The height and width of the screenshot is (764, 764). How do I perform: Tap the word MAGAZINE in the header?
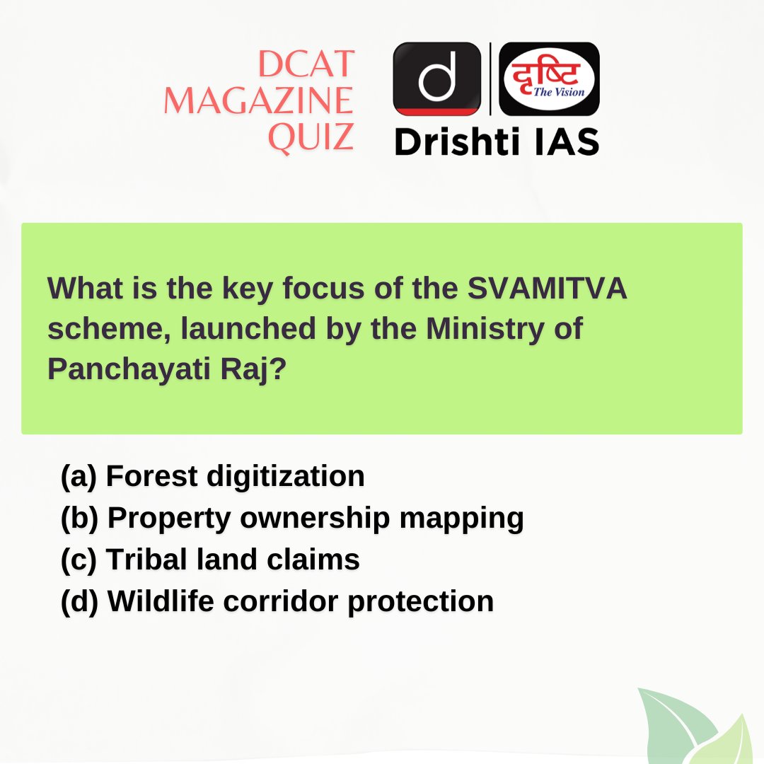point(258,102)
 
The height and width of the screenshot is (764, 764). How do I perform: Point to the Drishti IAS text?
point(497,142)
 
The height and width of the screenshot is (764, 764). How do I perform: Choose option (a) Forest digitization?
point(213,477)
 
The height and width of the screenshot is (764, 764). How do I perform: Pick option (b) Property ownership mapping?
point(292,519)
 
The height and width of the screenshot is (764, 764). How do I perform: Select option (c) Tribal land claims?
point(210,560)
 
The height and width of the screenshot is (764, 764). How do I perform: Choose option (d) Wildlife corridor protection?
point(277,602)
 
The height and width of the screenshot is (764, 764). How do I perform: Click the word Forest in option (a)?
point(151,477)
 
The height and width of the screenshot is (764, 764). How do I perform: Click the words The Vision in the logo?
point(559,93)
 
